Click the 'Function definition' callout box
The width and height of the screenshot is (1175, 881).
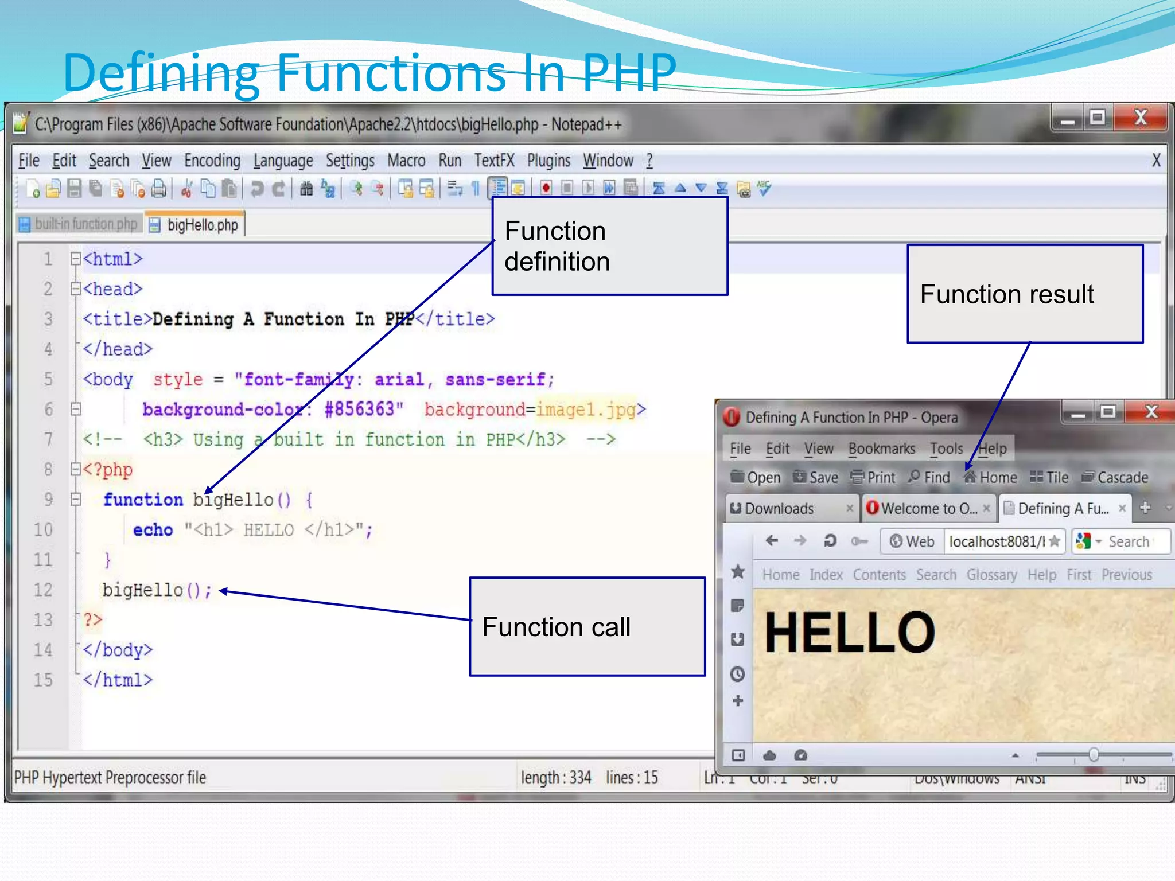tap(610, 246)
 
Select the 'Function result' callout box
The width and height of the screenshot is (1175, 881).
tap(1025, 294)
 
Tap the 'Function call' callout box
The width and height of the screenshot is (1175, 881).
tap(587, 626)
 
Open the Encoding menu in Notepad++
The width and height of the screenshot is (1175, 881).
tap(212, 161)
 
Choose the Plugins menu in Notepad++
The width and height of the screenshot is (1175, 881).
tap(548, 161)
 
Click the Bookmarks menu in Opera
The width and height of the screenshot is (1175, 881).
tap(881, 449)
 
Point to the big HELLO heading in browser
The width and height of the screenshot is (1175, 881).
tap(850, 632)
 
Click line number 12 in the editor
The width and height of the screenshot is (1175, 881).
tap(43, 590)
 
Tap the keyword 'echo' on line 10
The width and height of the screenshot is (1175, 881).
tap(153, 530)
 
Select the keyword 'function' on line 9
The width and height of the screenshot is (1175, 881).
tap(143, 500)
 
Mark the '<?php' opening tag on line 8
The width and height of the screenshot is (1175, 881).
tap(108, 470)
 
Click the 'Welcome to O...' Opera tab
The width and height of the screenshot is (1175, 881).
tap(928, 509)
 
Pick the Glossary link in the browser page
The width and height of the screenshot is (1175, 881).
tap(991, 575)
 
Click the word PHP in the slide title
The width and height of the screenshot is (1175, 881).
tap(629, 73)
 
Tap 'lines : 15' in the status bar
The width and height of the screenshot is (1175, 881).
tap(632, 778)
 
